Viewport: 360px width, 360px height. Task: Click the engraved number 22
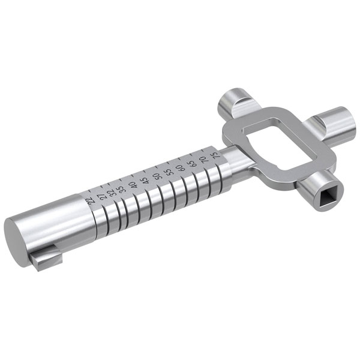[x=91, y=200]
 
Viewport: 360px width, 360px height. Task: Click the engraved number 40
[x=133, y=185]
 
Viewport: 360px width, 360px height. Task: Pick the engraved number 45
[x=145, y=180]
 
